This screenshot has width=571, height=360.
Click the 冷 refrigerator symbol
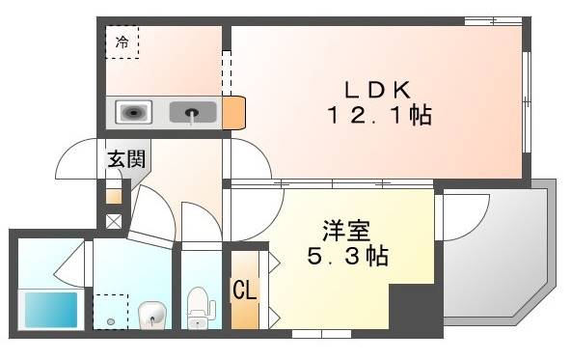pos(122,42)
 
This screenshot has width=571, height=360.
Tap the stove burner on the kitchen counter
pos(133,114)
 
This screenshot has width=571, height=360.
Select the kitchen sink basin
pos(193,114)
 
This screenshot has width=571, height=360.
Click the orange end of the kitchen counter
pos(234,113)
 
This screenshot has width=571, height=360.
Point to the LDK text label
pos(379,90)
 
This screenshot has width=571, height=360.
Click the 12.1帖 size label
pos(377,116)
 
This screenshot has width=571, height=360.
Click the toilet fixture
pos(200,306)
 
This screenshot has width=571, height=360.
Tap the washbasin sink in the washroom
pos(152,315)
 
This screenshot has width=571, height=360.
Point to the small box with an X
pos(114,221)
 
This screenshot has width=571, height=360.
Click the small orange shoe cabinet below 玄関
pos(114,196)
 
